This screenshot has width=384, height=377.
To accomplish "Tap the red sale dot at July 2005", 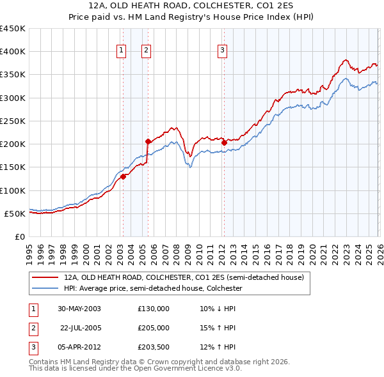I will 148,141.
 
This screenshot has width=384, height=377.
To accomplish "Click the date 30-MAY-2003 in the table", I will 79,309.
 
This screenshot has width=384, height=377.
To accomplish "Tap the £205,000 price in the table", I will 154,328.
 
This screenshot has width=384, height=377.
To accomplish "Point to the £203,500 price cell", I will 154,347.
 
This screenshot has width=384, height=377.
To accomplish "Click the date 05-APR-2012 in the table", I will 79,347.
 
